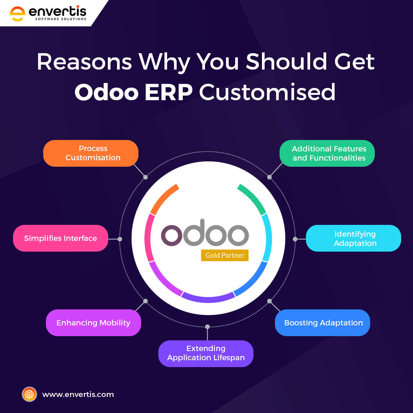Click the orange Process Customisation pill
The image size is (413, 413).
pyautogui.click(x=91, y=153)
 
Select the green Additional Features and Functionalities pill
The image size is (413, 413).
pyautogui.click(x=327, y=153)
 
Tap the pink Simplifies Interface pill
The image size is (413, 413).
pyautogui.click(x=60, y=238)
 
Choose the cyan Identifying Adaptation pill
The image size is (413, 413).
pyautogui.click(x=353, y=238)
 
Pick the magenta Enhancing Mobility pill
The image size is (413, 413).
pyautogui.click(x=94, y=323)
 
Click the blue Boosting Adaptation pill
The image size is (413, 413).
pyautogui.click(x=322, y=323)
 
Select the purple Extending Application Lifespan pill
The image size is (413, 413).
pyautogui.click(x=206, y=353)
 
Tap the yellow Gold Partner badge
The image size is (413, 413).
pyautogui.click(x=225, y=255)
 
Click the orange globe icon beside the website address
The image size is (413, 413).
pyautogui.click(x=29, y=394)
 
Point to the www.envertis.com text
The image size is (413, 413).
pyautogui.click(x=78, y=395)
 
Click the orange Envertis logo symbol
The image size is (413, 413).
pyautogui.click(x=18, y=14)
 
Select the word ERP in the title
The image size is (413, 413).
pyautogui.click(x=169, y=93)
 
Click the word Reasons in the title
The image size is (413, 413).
pyautogui.click(x=84, y=62)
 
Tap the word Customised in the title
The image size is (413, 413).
pyautogui.click(x=267, y=92)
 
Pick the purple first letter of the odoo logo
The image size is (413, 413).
pyautogui.click(x=171, y=236)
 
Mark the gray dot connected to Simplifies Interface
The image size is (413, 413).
pyautogui.click(x=120, y=239)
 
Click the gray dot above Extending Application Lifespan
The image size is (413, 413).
pyautogui.click(x=207, y=327)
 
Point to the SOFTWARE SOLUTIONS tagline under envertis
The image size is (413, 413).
pyautogui.click(x=61, y=19)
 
